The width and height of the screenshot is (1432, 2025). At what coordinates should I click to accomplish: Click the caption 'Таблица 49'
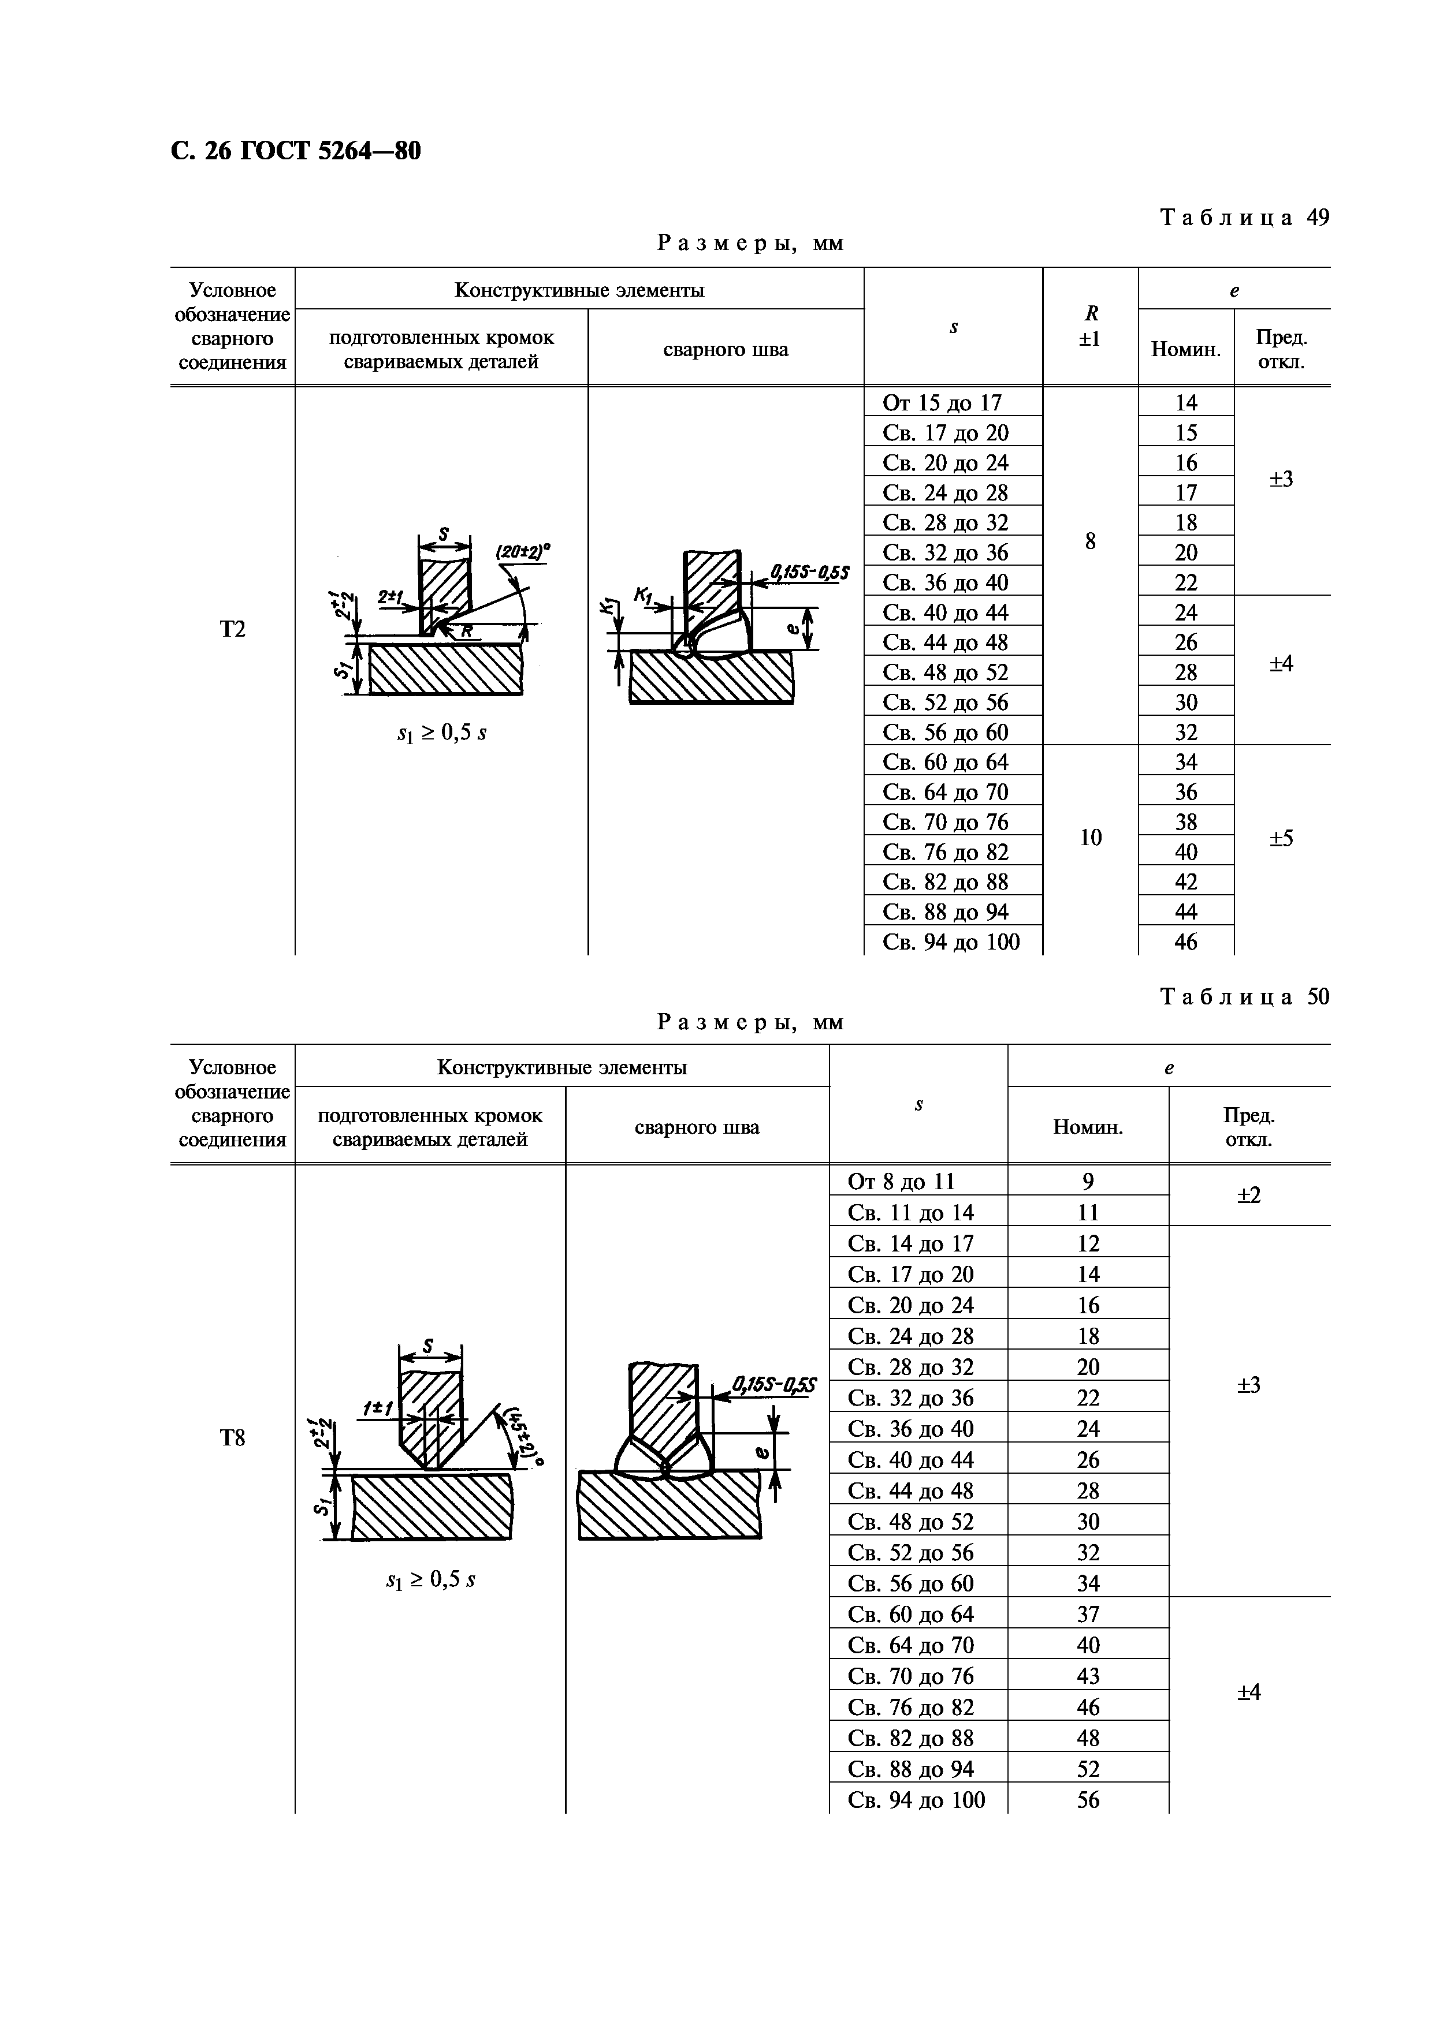(1244, 217)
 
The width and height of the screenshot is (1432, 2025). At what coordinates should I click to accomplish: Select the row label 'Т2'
(232, 629)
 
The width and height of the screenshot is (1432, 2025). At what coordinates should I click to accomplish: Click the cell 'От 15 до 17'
(942, 403)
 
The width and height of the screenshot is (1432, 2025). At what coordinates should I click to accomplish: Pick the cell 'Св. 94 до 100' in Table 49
(951, 943)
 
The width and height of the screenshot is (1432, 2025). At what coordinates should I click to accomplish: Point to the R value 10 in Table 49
(1091, 837)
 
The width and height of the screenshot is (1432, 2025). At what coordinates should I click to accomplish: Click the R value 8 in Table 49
(1091, 541)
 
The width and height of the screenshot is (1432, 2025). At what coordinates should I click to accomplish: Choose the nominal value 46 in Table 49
(1186, 943)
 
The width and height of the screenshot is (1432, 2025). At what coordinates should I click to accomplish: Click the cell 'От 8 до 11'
(901, 1182)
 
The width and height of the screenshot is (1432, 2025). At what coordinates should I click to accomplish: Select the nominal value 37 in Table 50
(1088, 1614)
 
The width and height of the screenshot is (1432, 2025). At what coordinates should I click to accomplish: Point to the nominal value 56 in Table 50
(1088, 1799)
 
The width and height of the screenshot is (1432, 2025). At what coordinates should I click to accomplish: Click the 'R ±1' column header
(1091, 326)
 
